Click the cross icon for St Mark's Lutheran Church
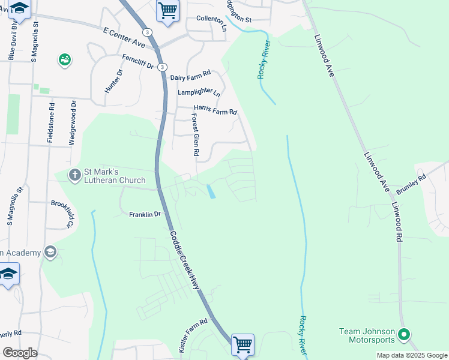(75, 175)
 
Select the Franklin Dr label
(145, 214)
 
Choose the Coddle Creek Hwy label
(184, 260)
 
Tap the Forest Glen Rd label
(195, 135)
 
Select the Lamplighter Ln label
(199, 93)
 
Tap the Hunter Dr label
(113, 80)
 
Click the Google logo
(20, 353)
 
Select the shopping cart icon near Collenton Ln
(168, 9)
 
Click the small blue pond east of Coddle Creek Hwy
(211, 191)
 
